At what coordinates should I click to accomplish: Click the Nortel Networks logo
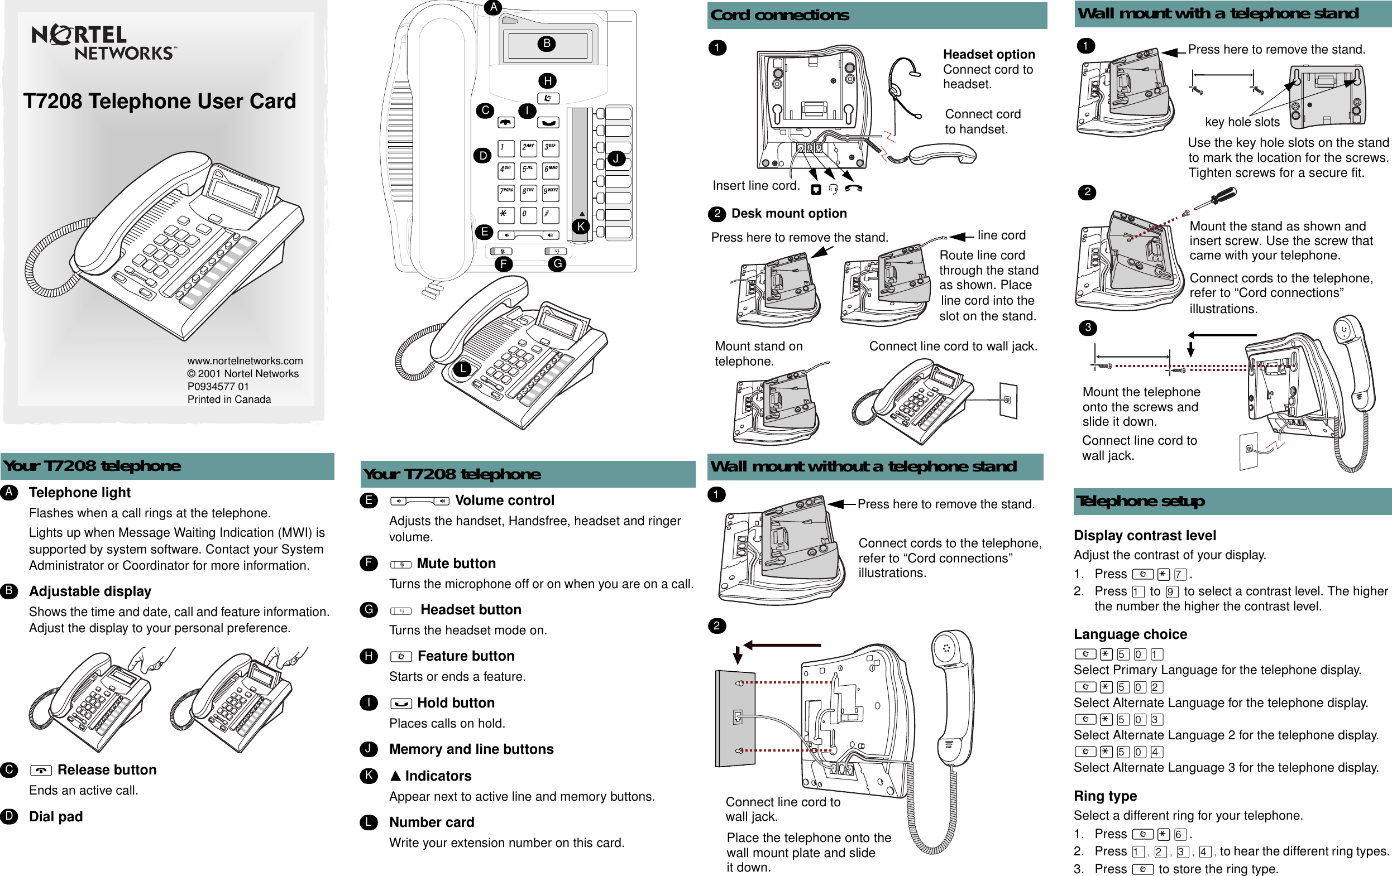pos(102,43)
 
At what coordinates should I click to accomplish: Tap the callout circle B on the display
pos(546,44)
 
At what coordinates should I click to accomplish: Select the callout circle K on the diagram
pos(580,227)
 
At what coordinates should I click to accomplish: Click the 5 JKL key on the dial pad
pos(528,169)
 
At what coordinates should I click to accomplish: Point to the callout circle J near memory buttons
pos(616,158)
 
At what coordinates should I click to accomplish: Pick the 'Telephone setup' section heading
pos(1140,501)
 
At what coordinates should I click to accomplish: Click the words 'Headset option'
pos(988,54)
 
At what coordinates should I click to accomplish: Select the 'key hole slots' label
pos(1242,122)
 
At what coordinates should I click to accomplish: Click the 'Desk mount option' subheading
pos(788,213)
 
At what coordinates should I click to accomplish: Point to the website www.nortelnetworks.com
pos(245,360)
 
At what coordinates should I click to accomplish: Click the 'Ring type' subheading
pos(1104,796)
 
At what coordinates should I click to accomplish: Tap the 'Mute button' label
pos(456,564)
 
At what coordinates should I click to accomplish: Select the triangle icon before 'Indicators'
pos(395,776)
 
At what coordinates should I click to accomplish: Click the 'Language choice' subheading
pos(1130,634)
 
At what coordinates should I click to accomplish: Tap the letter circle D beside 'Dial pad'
pos(9,816)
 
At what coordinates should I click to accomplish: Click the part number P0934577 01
pos(218,386)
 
